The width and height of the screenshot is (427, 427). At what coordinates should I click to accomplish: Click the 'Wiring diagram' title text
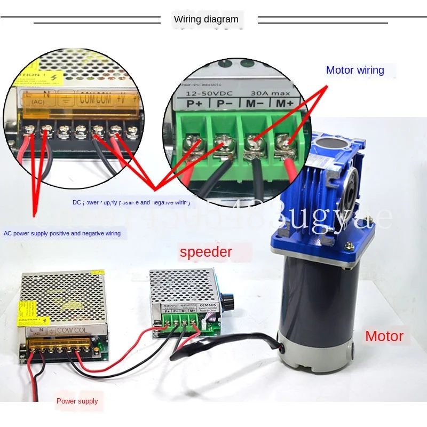206,20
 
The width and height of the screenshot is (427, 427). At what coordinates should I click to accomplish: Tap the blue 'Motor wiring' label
355,70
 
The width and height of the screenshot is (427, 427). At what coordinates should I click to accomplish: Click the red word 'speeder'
206,252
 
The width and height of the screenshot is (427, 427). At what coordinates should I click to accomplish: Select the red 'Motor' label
384,336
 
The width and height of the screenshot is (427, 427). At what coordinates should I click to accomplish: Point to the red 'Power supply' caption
77,401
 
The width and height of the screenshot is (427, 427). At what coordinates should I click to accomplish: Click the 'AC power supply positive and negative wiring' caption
62,233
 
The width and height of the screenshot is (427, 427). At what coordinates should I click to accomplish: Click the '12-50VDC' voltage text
205,93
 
